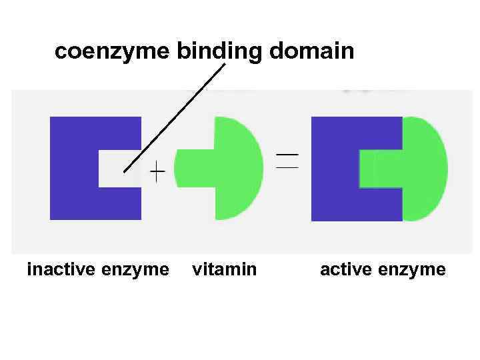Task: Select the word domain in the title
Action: [311, 51]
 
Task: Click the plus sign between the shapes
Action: [157, 174]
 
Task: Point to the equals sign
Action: [287, 161]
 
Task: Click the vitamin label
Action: [224, 269]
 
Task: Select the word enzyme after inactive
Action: [136, 269]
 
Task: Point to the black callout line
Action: [175, 117]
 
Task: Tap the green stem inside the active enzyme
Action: [380, 169]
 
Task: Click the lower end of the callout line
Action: [125, 171]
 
